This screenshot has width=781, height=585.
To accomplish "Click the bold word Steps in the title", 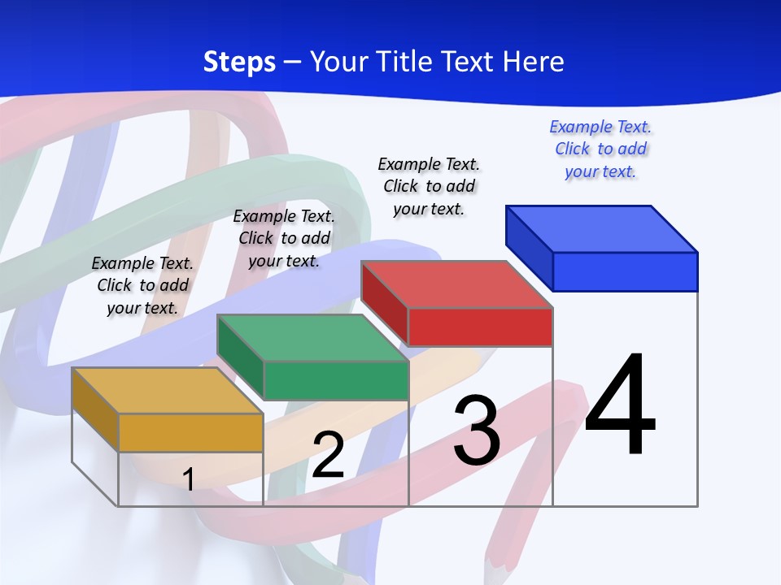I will click(x=239, y=62).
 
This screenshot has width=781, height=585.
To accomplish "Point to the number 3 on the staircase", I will click(x=477, y=431).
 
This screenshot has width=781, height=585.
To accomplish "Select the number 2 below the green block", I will click(x=328, y=455).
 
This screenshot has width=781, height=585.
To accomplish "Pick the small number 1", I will click(x=188, y=479).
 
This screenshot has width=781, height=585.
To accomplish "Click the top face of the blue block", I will click(x=602, y=228).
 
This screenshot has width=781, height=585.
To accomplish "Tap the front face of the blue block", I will click(x=625, y=271).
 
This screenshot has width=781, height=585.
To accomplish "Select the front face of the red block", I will click(x=480, y=327).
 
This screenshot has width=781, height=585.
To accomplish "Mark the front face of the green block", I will click(x=335, y=380).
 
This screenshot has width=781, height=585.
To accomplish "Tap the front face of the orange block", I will click(x=190, y=432).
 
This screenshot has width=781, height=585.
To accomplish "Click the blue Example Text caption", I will click(x=600, y=149).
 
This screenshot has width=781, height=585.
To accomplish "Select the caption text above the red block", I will click(x=429, y=186).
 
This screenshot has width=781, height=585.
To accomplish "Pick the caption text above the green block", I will click(x=284, y=238).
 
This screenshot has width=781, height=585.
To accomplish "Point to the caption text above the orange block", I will click(x=142, y=285).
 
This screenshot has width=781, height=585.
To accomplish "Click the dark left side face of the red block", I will click(x=384, y=303).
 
